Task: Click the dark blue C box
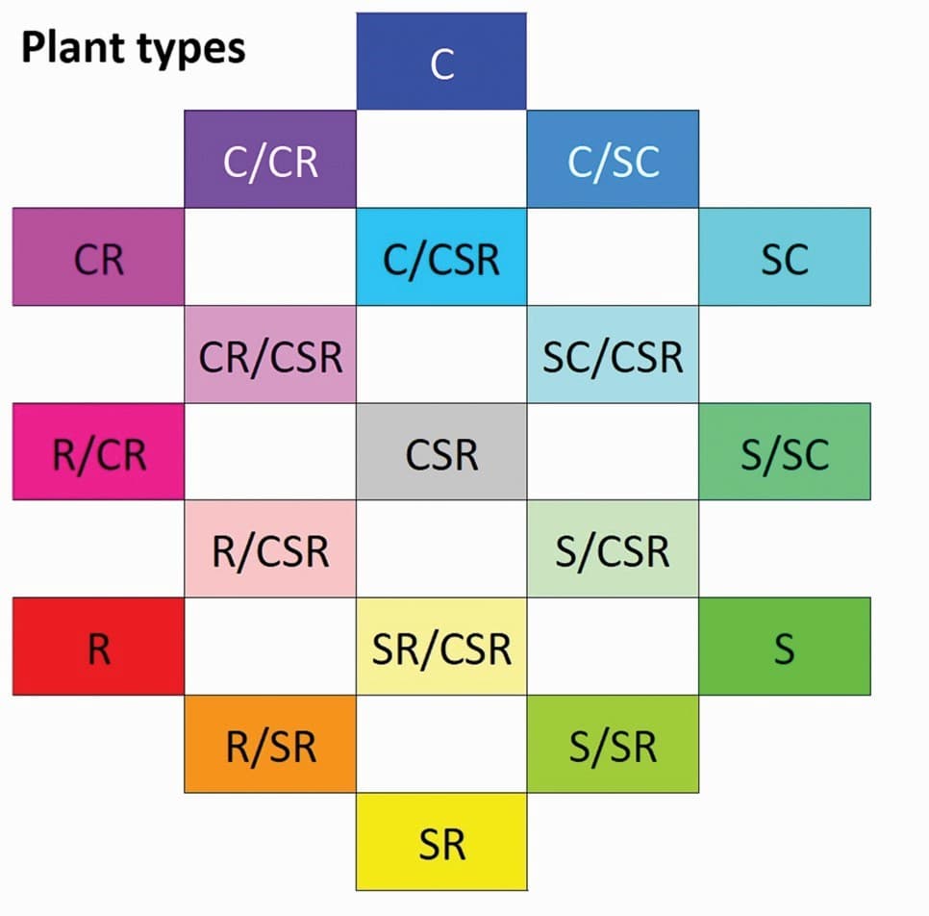click(x=441, y=62)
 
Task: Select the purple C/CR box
click(x=270, y=160)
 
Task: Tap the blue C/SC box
click(x=613, y=160)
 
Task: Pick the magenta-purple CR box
click(x=98, y=258)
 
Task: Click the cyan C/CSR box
click(x=441, y=258)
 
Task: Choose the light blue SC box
click(x=785, y=258)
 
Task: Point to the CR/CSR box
click(x=270, y=355)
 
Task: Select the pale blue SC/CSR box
click(x=613, y=355)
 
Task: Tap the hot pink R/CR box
click(x=98, y=452)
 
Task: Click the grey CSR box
click(x=441, y=452)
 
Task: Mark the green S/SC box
click(x=785, y=452)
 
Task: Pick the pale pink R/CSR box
click(x=270, y=549)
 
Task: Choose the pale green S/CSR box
click(x=613, y=549)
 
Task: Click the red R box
click(x=98, y=647)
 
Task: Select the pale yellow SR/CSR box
click(x=441, y=647)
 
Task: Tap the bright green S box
click(x=785, y=647)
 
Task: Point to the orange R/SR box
click(x=270, y=745)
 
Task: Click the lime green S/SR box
click(x=613, y=745)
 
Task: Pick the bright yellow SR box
click(x=441, y=842)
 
